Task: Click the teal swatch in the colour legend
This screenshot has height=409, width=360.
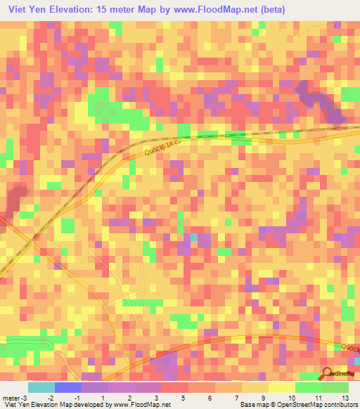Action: tap(41, 387)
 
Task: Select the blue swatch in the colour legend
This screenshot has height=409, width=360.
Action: tap(68, 387)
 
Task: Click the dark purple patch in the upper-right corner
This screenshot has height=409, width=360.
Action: tap(320, 102)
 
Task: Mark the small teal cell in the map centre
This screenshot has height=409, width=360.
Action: tap(195, 237)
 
